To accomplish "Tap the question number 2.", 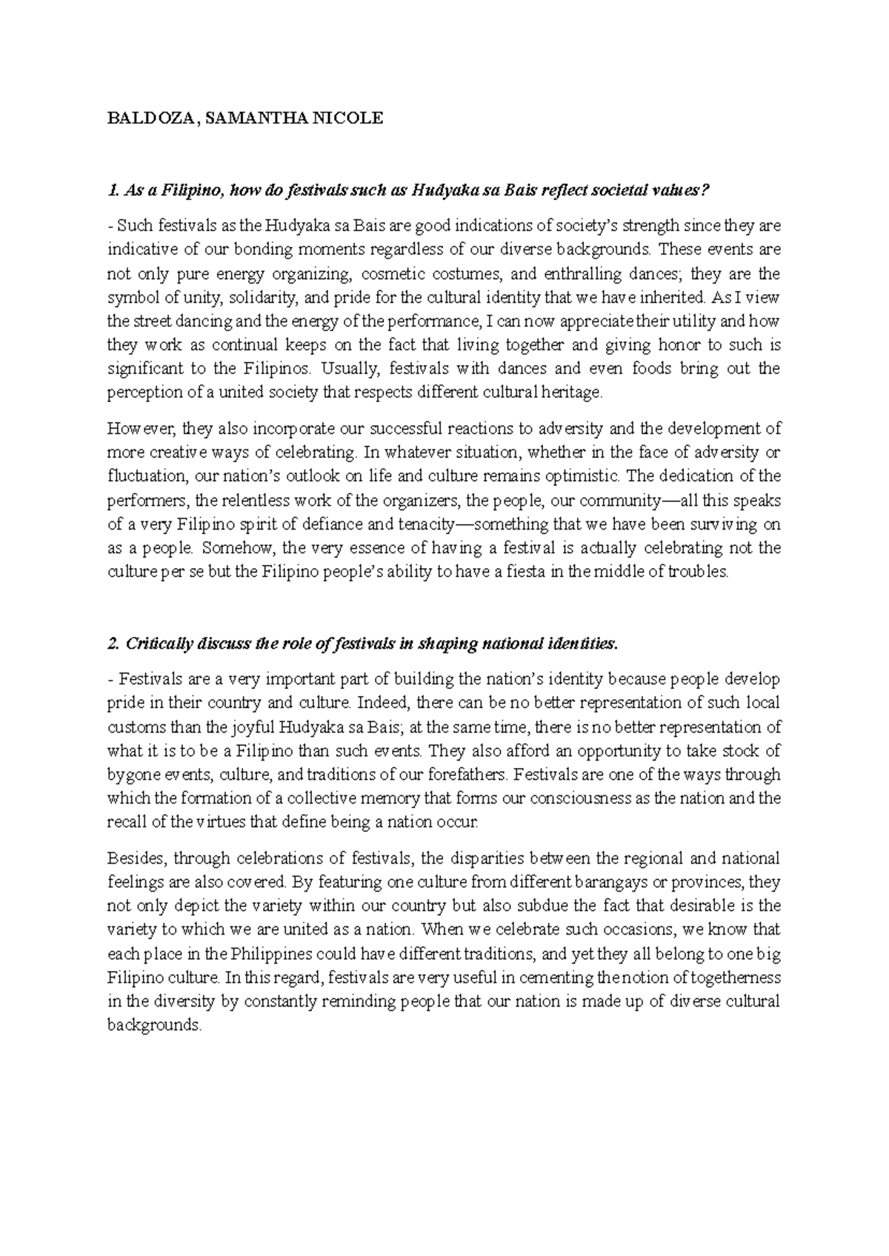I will [x=113, y=644].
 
